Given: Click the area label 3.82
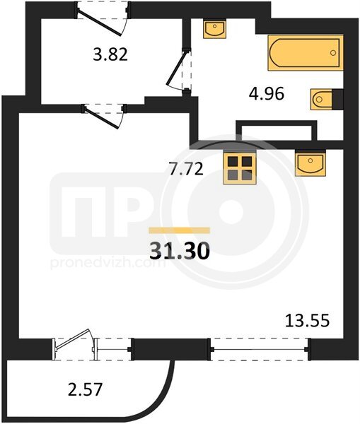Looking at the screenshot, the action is click(110, 54).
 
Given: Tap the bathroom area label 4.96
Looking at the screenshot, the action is click(267, 94).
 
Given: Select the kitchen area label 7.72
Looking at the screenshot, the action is click(186, 170).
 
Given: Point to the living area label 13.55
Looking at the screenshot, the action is click(307, 321).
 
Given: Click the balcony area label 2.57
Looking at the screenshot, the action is click(86, 390).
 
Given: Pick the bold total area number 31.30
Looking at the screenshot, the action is click(180, 251).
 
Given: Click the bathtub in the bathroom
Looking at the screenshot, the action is click(306, 53).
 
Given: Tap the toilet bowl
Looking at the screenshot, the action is click(322, 99).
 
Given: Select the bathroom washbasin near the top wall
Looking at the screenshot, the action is click(214, 29).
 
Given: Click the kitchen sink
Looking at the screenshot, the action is click(310, 163).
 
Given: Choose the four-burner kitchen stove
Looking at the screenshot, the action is click(240, 169).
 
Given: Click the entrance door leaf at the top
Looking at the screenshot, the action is click(99, 22).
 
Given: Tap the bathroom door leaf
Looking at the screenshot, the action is click(177, 67).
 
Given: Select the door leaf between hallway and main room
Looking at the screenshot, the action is click(102, 118).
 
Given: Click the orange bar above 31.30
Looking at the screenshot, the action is click(180, 230).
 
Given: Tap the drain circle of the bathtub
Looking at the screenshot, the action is click(333, 53).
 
